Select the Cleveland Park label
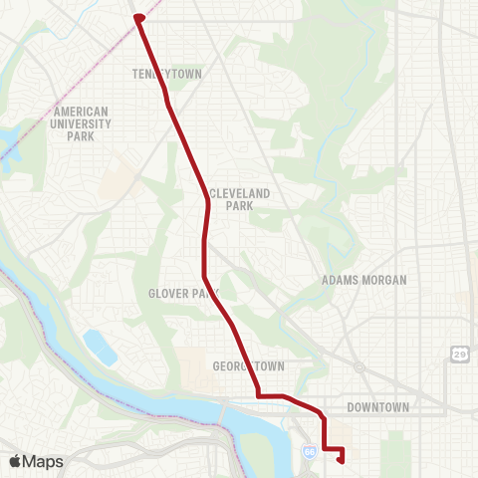[x=231, y=199]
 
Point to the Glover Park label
[x=183, y=294]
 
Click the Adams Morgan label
[x=363, y=280]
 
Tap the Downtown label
[x=378, y=407]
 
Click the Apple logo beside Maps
[x=16, y=461]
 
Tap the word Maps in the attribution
[x=44, y=461]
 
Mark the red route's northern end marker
[x=138, y=17]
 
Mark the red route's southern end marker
[x=342, y=459]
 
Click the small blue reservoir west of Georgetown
[x=101, y=348]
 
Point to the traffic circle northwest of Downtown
[x=358, y=366]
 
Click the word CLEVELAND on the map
[x=231, y=193]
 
